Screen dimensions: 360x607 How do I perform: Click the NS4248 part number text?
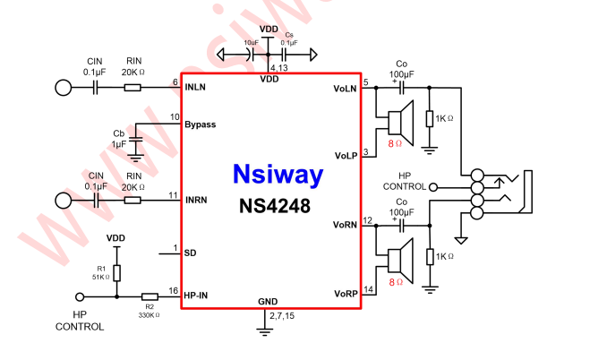pyautogui.click(x=275, y=206)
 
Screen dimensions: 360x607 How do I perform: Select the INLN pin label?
pyautogui.click(x=197, y=88)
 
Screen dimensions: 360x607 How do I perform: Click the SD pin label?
pyautogui.click(x=190, y=253)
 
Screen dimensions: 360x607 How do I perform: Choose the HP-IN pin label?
pyautogui.click(x=199, y=295)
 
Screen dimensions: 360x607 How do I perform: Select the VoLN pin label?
pyautogui.click(x=345, y=88)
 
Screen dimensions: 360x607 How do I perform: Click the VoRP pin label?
pyautogui.click(x=346, y=294)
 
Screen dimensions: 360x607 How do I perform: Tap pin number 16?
pyautogui.click(x=174, y=288)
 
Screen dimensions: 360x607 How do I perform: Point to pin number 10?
pyautogui.click(x=174, y=117)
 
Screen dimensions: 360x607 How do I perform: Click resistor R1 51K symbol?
pyautogui.click(x=116, y=273)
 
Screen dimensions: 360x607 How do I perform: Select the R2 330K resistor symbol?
pyautogui.click(x=149, y=296)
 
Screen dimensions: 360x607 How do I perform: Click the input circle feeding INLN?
pyautogui.click(x=64, y=88)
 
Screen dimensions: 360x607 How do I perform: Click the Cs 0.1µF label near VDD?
pyautogui.click(x=288, y=37)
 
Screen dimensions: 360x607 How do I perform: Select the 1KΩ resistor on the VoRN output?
pyautogui.click(x=431, y=257)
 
